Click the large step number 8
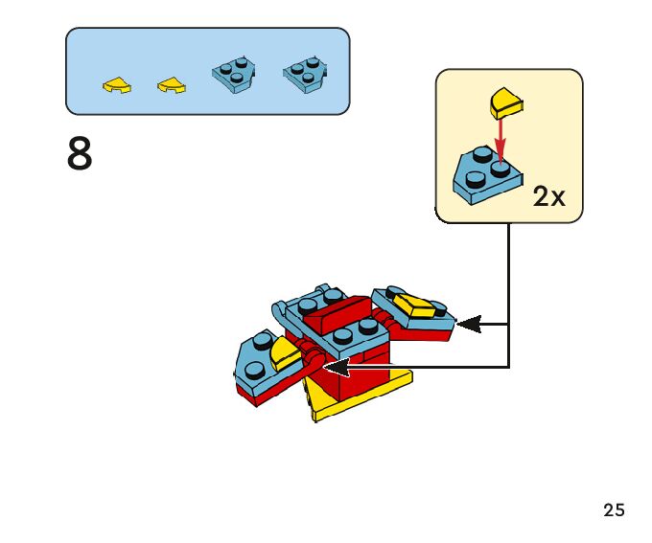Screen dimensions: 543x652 [x=81, y=154]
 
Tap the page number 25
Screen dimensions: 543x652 [x=615, y=510]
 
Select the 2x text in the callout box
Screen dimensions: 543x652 [x=549, y=197]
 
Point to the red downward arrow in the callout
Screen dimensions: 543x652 [x=499, y=144]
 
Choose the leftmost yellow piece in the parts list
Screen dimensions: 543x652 [x=117, y=85]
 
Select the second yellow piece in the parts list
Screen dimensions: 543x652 [x=172, y=85]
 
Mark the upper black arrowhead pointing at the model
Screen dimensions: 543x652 [x=468, y=325]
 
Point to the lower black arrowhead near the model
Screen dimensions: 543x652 [x=335, y=367]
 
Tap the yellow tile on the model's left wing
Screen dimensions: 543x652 [x=281, y=355]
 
